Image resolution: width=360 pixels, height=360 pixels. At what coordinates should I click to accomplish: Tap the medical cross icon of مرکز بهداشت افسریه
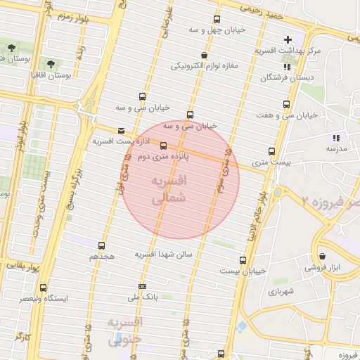point(286,39)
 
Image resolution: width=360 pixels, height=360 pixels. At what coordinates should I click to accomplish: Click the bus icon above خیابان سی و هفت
point(286,105)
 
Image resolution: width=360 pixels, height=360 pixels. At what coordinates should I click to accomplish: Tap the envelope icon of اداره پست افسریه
point(122,130)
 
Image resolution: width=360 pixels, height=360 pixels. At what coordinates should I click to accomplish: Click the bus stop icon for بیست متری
point(272,151)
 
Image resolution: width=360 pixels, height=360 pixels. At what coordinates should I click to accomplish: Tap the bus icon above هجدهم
point(102,245)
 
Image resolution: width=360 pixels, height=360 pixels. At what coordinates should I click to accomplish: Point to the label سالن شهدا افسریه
point(168,254)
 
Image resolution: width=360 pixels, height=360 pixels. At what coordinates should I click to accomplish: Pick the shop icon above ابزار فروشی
point(322,257)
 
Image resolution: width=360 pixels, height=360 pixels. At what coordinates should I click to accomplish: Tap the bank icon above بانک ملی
point(143,286)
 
